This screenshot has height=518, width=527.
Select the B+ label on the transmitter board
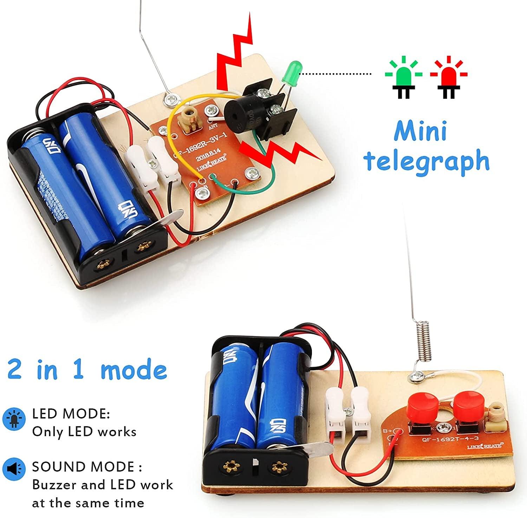coord(388,430)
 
